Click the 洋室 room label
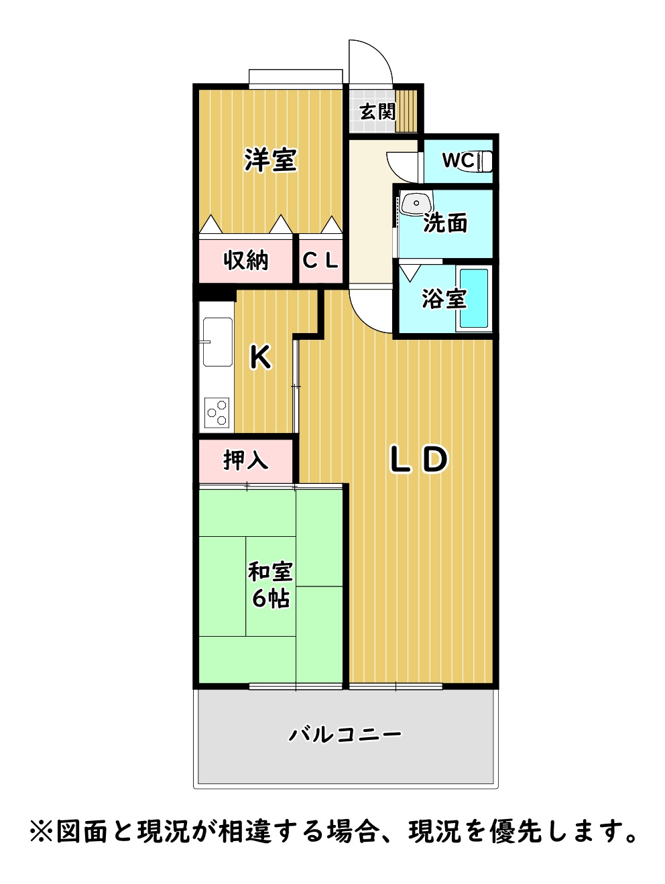pos(271,160)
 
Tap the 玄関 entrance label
pos(377,111)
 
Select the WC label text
pos(459,160)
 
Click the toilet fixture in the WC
pos(485,162)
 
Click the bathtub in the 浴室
pos(474,298)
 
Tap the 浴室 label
pos(444,299)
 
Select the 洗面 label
pos(444,223)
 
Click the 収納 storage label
pos(246,261)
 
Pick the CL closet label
pos(320,261)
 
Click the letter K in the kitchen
pos(261,357)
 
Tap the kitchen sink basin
pos(217,342)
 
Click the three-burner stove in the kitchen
pos(217,413)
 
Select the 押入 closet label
pos(246,460)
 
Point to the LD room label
pos(419,459)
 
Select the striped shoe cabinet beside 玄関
pos(406,111)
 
